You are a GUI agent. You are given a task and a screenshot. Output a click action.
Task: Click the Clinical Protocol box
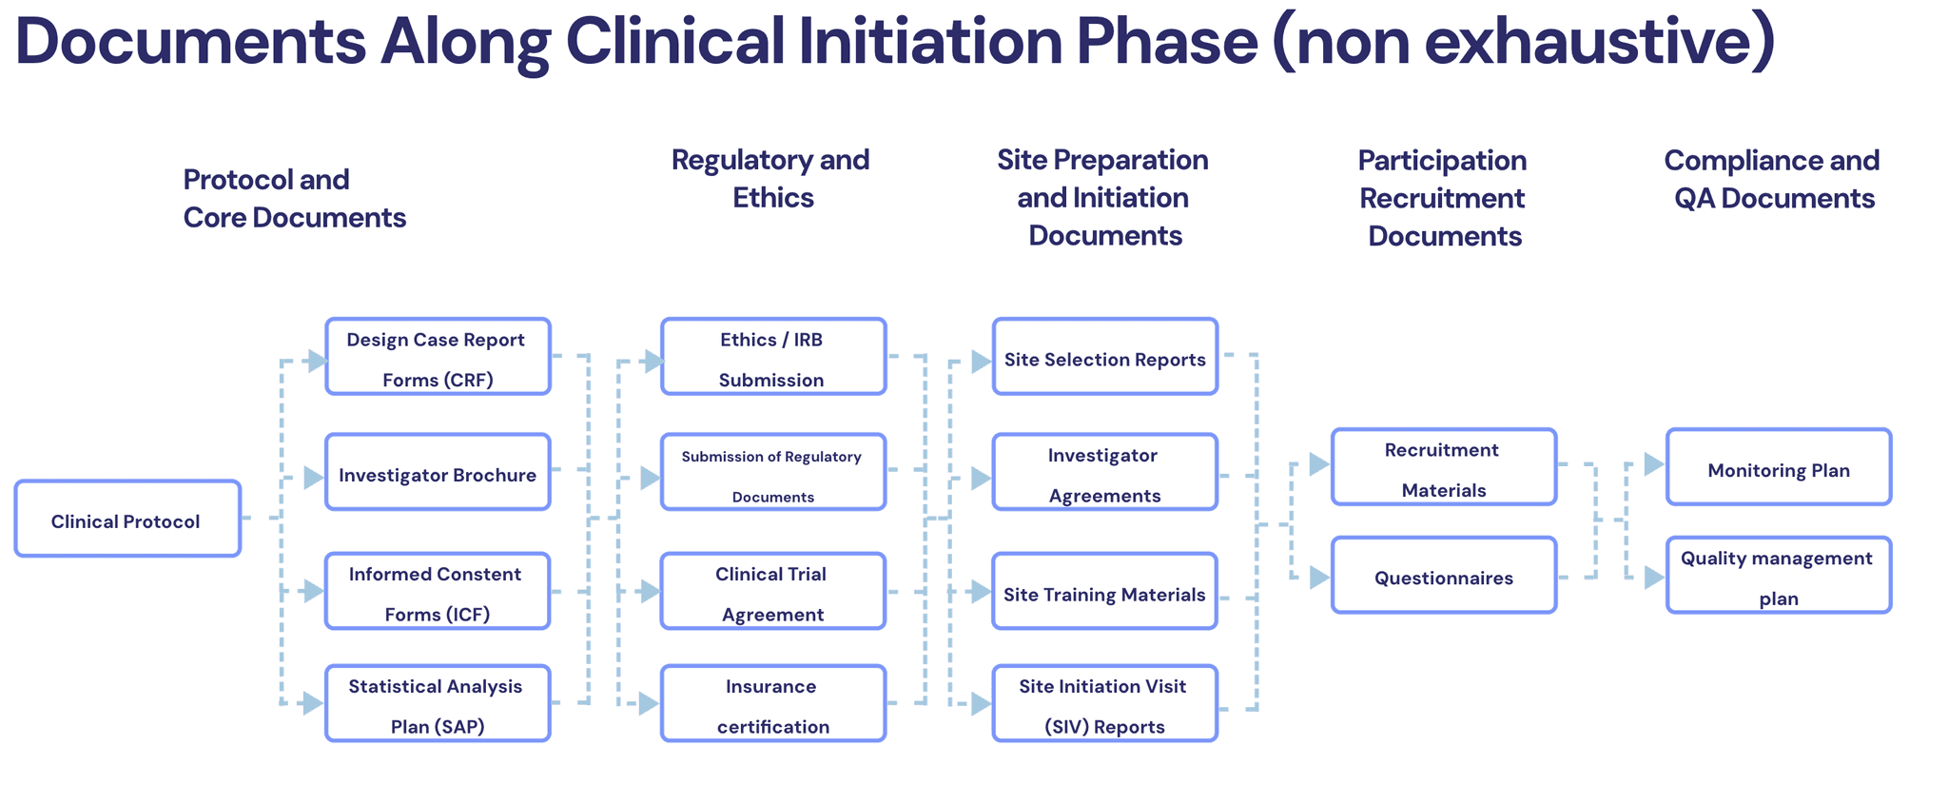[127, 519]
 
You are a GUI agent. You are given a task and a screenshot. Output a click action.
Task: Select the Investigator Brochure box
[438, 472]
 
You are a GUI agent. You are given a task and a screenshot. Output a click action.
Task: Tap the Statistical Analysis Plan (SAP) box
[438, 703]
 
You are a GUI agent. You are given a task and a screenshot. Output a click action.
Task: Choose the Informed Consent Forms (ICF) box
[438, 591]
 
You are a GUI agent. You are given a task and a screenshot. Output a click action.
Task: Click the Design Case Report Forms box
[438, 357]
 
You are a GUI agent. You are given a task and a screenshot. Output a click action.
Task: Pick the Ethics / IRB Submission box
[773, 357]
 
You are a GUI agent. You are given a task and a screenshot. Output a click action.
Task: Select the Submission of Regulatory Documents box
[773, 472]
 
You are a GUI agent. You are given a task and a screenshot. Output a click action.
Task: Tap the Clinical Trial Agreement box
[773, 591]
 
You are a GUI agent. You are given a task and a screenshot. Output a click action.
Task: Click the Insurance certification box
[773, 703]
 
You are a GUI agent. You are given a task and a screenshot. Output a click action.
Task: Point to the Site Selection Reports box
[1105, 357]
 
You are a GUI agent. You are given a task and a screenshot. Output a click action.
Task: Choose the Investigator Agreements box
[1105, 472]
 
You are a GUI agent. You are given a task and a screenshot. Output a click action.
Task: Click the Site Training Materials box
[1105, 591]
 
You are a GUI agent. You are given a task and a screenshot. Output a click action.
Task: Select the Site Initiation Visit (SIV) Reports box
[1105, 703]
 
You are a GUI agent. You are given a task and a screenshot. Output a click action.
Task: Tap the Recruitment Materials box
[1444, 466]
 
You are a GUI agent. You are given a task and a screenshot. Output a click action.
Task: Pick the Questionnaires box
[1444, 575]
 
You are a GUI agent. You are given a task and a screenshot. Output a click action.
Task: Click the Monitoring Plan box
[1779, 466]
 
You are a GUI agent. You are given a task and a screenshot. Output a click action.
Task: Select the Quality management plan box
[1779, 575]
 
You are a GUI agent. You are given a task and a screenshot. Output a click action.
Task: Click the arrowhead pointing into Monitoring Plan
[1654, 464]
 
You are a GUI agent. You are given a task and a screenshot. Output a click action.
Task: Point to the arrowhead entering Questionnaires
[1319, 578]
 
